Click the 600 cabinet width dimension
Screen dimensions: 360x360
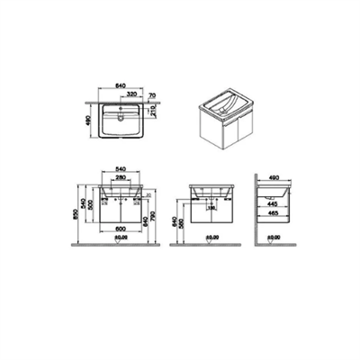(119, 228)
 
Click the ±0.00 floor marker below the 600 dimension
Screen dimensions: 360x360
(121, 238)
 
